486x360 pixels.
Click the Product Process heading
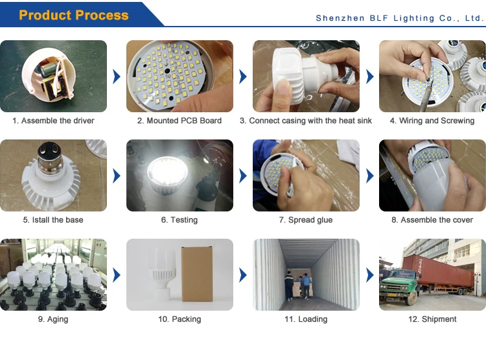point(74,15)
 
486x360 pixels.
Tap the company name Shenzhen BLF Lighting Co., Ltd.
point(400,18)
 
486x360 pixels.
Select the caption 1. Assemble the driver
point(53,121)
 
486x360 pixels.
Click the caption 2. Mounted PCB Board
point(179,121)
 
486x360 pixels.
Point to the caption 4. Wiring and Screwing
point(432,121)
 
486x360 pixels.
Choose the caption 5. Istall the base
point(53,220)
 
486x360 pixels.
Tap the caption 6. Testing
point(179,220)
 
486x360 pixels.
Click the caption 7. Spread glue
point(306,220)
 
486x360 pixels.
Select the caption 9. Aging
point(53,319)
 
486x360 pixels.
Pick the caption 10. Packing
point(179,319)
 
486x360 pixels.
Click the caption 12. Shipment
point(432,319)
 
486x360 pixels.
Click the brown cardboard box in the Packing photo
point(197,274)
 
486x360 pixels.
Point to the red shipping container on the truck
point(439,273)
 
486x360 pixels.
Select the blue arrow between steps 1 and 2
point(117,77)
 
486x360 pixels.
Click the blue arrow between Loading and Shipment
point(370,275)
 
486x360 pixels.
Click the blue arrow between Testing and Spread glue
point(243,176)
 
